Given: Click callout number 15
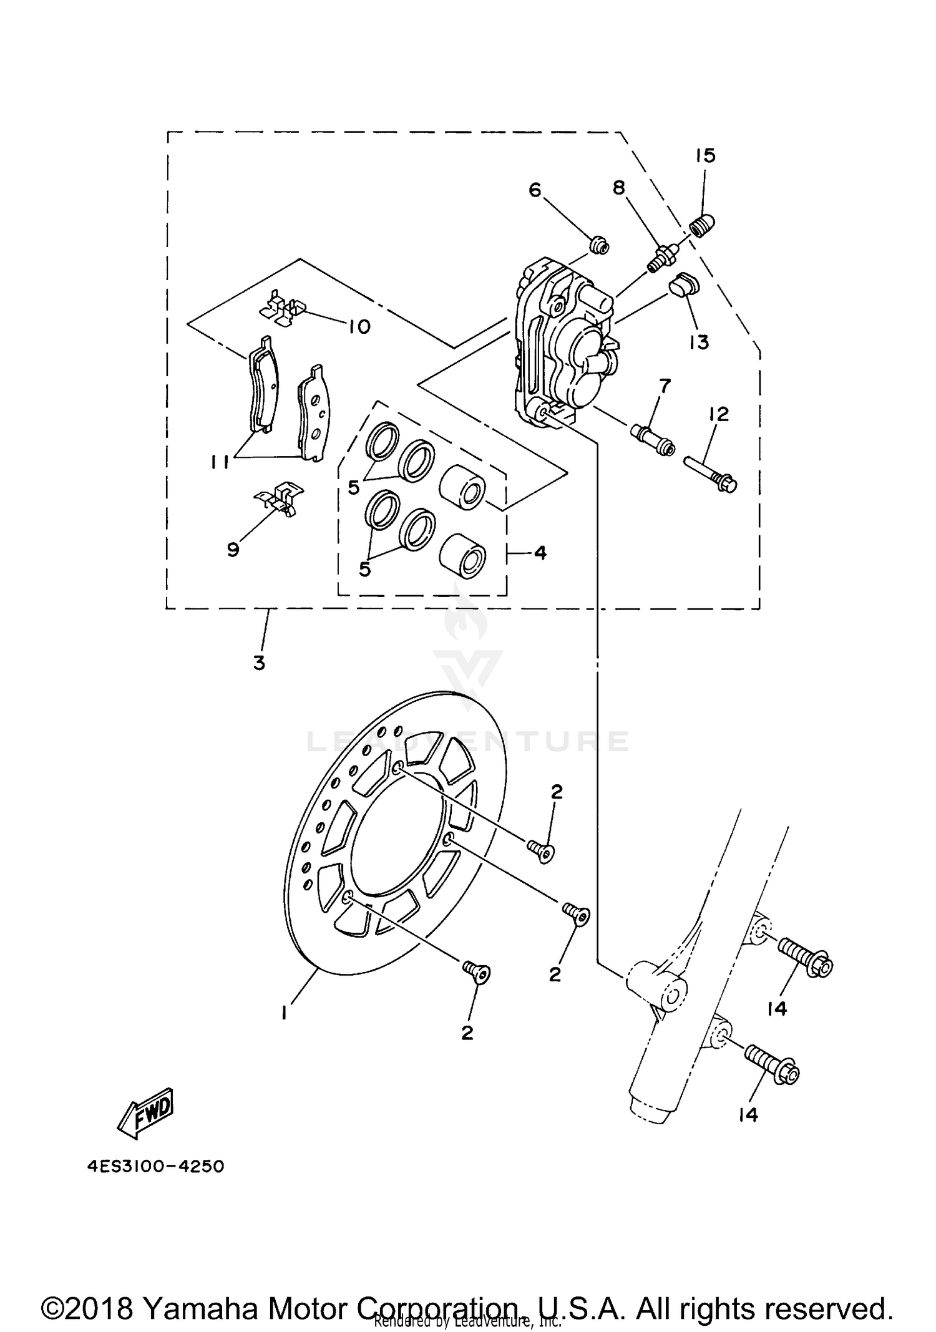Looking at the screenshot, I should (706, 156).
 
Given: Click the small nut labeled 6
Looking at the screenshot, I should (600, 246).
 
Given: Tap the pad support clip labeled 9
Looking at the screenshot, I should (280, 498).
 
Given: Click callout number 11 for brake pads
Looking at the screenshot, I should (220, 461).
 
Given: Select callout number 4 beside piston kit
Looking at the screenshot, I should (540, 552).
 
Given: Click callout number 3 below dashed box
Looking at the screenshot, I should (259, 663).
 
